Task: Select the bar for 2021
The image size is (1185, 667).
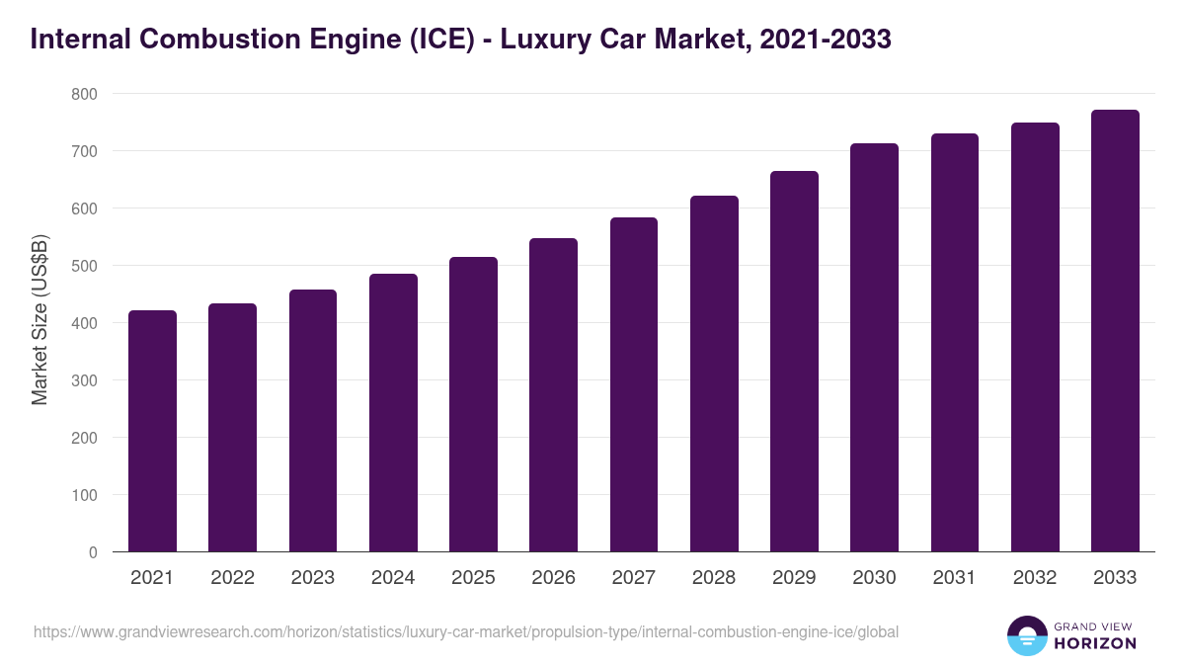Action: (152, 432)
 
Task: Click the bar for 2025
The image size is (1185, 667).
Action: (473, 405)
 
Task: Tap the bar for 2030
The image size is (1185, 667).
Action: (875, 348)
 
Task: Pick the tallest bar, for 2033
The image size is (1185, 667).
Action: (1115, 331)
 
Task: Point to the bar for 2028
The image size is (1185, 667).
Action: (714, 375)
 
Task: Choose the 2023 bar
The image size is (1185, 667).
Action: (313, 421)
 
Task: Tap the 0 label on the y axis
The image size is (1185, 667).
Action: (92, 552)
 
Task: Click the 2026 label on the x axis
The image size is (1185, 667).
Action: (553, 578)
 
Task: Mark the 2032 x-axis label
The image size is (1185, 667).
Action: (1035, 578)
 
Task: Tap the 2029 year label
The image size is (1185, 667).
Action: (794, 578)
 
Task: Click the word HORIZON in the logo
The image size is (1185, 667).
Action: (1095, 643)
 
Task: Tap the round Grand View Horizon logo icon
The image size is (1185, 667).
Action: (1027, 635)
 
